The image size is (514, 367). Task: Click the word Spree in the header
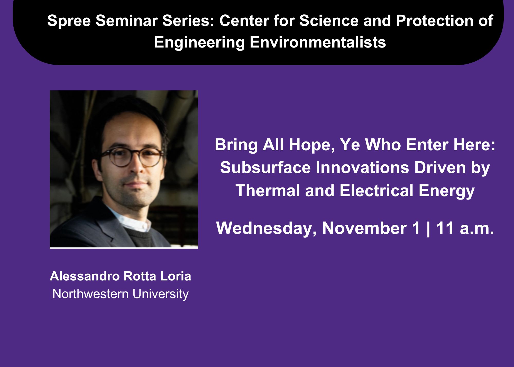[69, 21]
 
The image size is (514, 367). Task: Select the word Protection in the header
[435, 21]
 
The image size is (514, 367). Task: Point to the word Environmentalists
[318, 42]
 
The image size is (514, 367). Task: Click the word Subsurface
[265, 168]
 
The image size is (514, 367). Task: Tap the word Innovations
[362, 168]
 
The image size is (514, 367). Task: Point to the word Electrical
[376, 191]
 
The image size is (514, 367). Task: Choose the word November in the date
[364, 228]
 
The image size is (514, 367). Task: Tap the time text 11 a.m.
[465, 228]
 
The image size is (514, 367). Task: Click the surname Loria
[176, 276]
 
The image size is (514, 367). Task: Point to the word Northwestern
[90, 294]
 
